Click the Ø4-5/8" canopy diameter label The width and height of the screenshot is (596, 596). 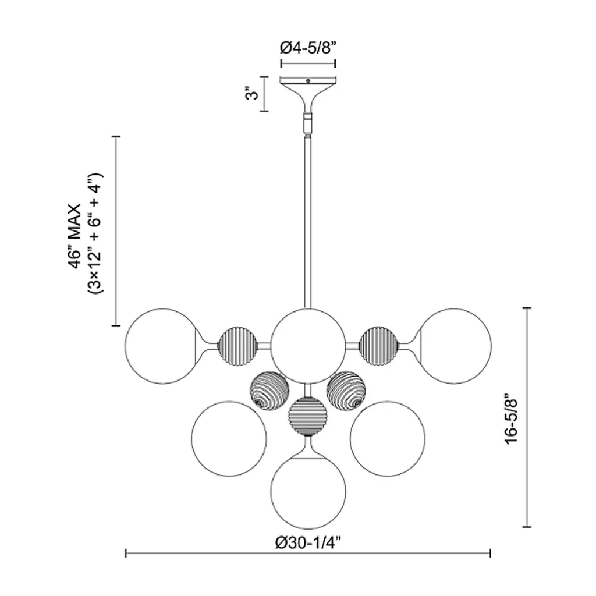(x=308, y=48)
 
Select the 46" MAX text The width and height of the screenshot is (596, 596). (x=75, y=236)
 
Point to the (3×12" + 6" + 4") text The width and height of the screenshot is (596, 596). (x=95, y=233)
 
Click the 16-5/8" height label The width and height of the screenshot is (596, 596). (x=511, y=421)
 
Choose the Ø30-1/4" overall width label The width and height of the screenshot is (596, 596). (x=308, y=543)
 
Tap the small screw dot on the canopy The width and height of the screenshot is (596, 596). (x=308, y=80)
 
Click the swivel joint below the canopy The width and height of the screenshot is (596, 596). (x=308, y=122)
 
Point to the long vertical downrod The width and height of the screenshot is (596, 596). (x=308, y=222)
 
